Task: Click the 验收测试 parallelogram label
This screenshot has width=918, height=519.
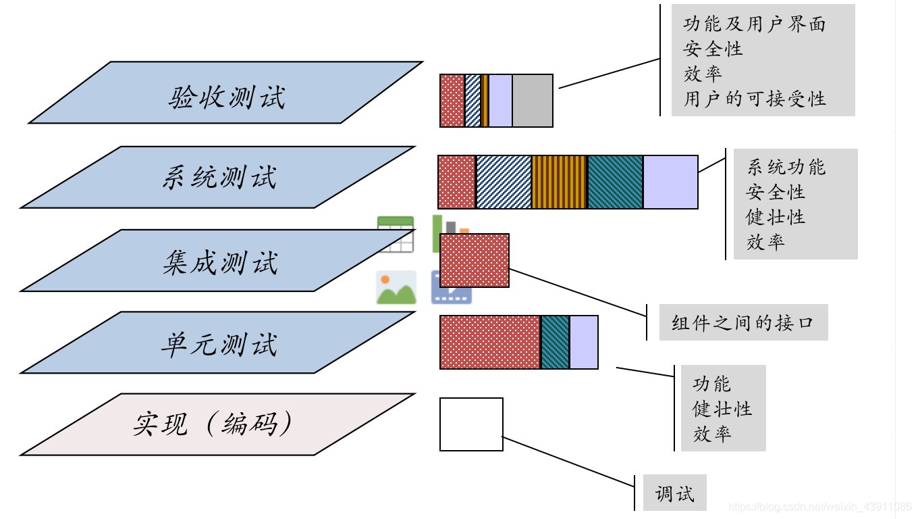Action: coord(226,97)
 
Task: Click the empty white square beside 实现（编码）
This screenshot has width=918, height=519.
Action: coord(471,424)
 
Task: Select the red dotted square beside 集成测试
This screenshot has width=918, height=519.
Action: coord(475,260)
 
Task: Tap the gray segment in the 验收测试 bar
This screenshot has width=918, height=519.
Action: coord(533,101)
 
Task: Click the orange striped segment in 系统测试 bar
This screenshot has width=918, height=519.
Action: coord(560,182)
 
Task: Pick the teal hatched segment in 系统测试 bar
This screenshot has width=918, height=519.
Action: coord(615,182)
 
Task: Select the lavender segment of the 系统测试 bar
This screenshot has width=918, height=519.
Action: coord(670,182)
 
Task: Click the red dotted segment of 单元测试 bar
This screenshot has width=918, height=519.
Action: coord(490,342)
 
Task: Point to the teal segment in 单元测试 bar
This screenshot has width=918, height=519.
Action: coord(556,342)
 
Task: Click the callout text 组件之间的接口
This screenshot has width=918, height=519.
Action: coord(742,322)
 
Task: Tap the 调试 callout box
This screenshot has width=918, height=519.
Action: coord(674,493)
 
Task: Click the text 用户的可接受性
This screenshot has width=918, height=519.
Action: coord(755,99)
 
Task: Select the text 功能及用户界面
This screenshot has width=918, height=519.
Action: coord(755,25)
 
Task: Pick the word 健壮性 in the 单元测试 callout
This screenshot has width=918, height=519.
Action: coord(722,409)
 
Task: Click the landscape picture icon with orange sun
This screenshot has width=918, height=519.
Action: coord(396,287)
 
